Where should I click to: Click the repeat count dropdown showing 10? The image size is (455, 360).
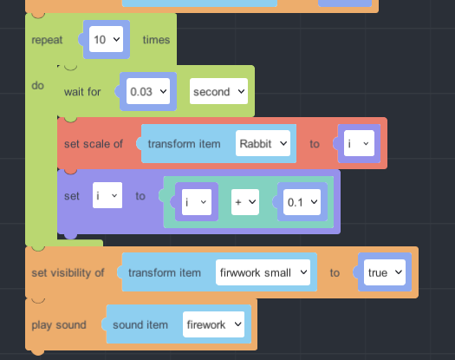pos(106,39)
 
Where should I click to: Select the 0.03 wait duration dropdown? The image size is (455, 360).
pos(148,91)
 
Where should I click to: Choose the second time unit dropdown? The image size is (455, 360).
pos(218,91)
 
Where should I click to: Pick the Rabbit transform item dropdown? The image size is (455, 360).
pos(263,143)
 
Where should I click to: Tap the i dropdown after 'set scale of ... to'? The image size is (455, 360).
pos(359,143)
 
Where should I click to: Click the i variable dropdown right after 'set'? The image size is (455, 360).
pos(107,195)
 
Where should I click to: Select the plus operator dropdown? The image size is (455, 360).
pos(245,202)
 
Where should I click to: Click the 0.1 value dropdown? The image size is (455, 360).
pos(302,202)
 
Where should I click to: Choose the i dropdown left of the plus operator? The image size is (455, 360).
pos(197,202)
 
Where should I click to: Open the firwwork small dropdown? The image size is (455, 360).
pos(263,272)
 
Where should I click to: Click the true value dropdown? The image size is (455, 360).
pos(385,272)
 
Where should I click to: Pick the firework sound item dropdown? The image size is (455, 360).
pos(213,324)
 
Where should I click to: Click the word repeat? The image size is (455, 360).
pos(47,40)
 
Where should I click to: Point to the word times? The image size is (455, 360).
pos(156,40)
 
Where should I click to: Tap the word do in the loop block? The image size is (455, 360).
pos(38,85)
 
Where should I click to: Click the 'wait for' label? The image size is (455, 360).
pos(82,92)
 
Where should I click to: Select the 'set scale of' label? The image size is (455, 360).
pos(94,144)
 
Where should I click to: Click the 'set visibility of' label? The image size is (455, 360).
pos(68,273)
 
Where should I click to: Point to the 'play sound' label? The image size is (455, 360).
pos(59,324)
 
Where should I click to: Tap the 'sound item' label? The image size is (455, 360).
pos(140,324)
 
